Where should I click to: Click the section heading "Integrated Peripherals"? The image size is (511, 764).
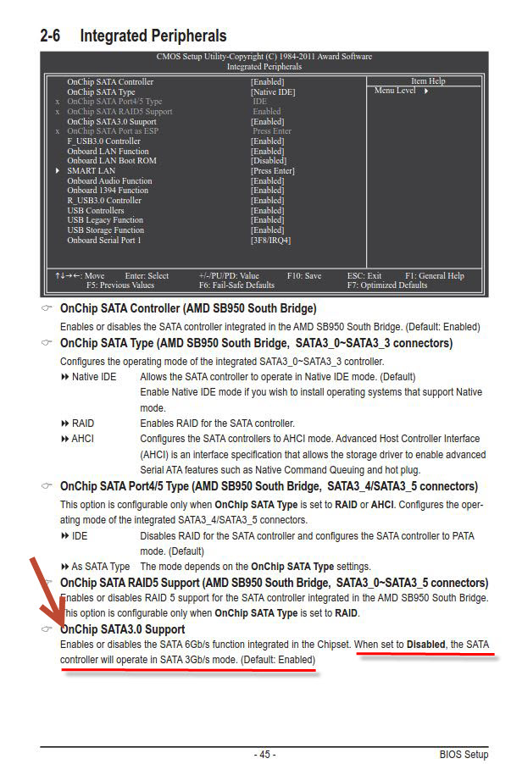click(x=153, y=36)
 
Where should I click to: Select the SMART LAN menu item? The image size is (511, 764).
click(x=91, y=170)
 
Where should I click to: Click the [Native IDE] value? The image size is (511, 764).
click(x=273, y=91)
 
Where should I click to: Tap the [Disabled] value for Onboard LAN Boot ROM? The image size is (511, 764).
click(x=269, y=161)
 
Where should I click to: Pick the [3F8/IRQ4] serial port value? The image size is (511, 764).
click(x=270, y=240)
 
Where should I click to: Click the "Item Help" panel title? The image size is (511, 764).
click(x=427, y=81)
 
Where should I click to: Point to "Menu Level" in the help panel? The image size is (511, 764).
click(x=395, y=91)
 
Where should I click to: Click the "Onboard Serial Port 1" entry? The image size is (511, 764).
click(x=104, y=240)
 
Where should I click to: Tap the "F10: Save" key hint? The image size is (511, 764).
click(x=304, y=276)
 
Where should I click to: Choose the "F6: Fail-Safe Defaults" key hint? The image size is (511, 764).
click(x=236, y=285)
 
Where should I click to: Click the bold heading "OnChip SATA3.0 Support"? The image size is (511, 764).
click(x=123, y=629)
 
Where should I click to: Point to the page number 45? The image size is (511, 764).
click(x=264, y=754)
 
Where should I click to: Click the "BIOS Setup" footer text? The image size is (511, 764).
click(x=464, y=754)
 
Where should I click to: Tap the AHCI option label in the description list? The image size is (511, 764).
click(x=82, y=439)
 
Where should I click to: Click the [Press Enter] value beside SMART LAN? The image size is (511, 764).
click(x=273, y=170)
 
